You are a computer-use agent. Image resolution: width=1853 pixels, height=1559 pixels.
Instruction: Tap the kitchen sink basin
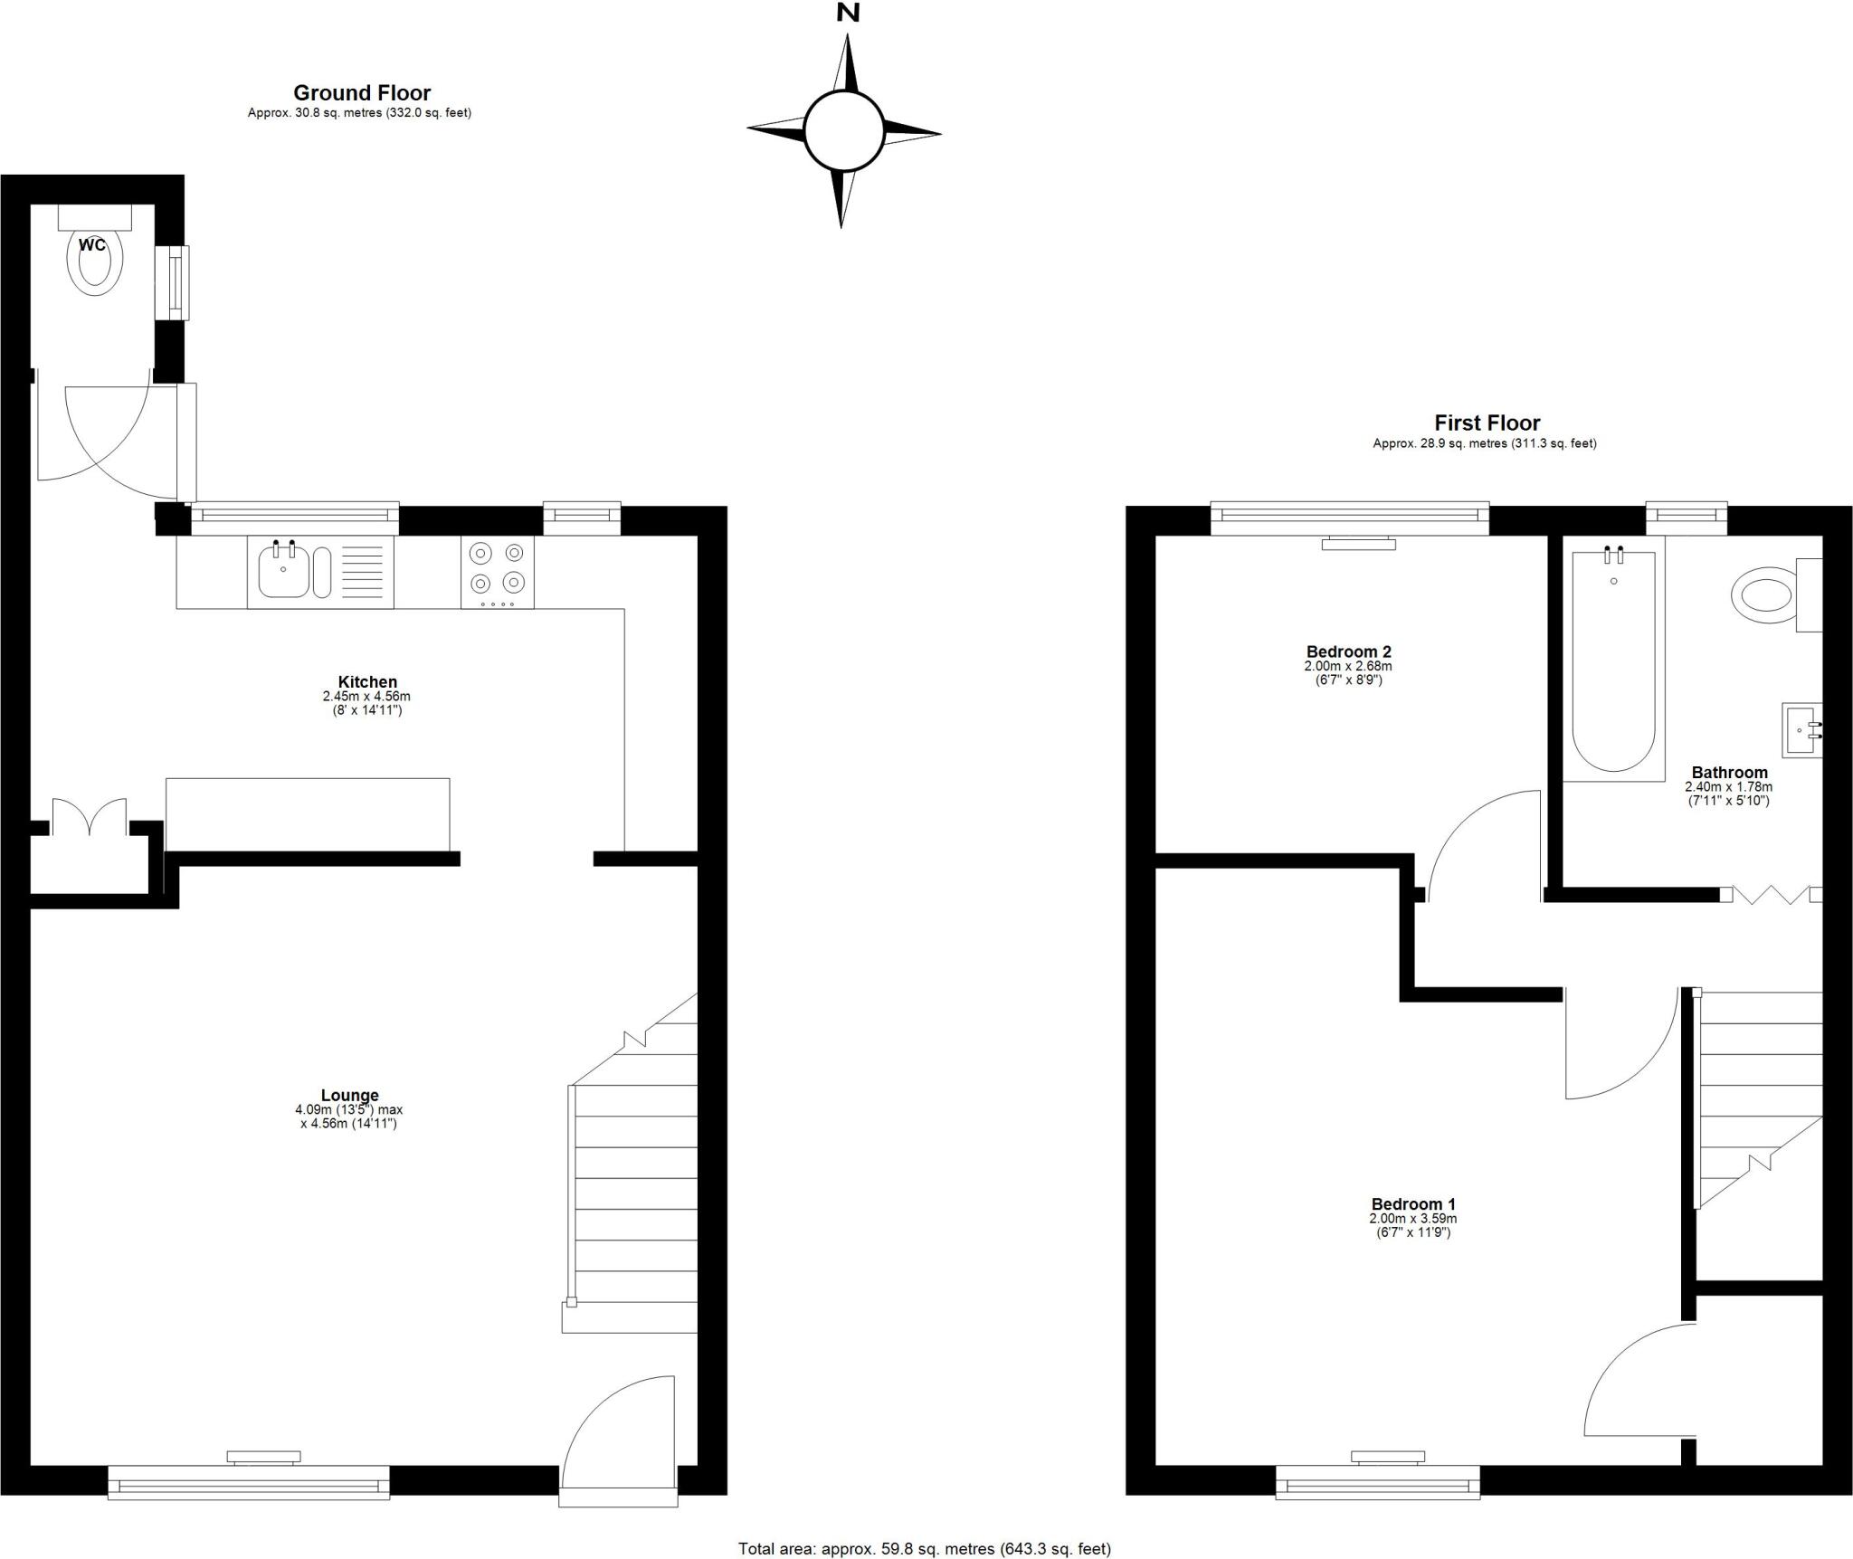tap(283, 572)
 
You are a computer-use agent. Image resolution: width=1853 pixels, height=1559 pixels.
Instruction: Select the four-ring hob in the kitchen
tap(497, 572)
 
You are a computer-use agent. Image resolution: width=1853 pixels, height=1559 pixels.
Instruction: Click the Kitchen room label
tap(367, 682)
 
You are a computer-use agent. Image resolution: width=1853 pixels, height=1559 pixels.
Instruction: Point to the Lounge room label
tap(349, 1095)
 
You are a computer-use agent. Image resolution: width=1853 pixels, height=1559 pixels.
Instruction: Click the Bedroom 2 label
tap(1348, 651)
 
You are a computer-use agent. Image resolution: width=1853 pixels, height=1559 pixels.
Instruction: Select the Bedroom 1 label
tap(1413, 1204)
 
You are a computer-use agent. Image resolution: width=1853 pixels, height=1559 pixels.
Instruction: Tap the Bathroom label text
tap(1729, 772)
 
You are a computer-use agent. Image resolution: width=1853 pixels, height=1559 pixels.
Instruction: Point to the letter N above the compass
tap(848, 13)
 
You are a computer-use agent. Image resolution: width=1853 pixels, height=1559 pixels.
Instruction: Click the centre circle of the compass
tap(844, 130)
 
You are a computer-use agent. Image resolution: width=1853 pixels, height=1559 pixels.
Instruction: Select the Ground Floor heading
tap(362, 92)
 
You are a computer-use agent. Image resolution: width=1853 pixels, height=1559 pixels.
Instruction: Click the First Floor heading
tap(1487, 423)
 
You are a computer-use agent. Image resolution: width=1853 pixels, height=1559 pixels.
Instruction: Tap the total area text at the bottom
tap(925, 1549)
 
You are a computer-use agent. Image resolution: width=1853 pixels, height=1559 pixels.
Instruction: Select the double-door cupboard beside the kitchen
tap(89, 819)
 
